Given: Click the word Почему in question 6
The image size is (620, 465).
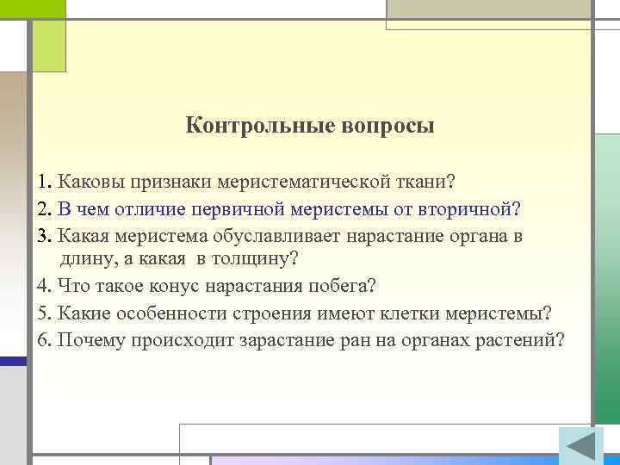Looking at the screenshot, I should pos(89,338).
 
